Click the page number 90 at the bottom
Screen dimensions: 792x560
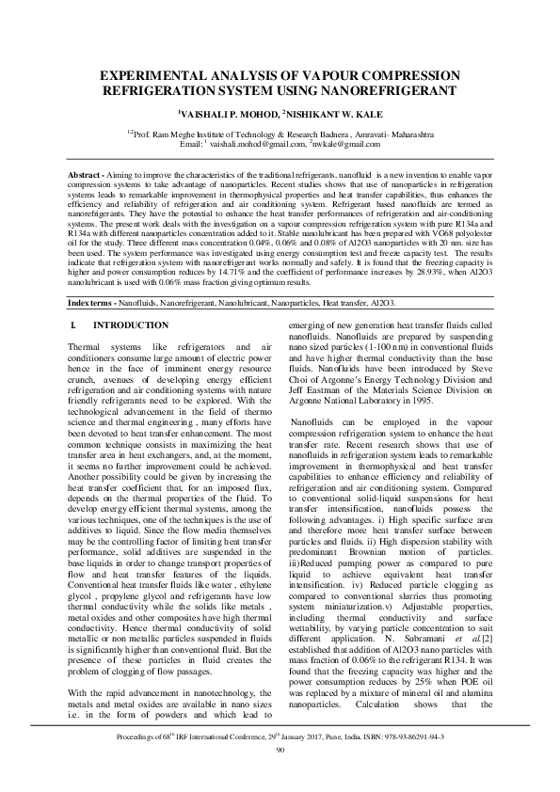[280, 775]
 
